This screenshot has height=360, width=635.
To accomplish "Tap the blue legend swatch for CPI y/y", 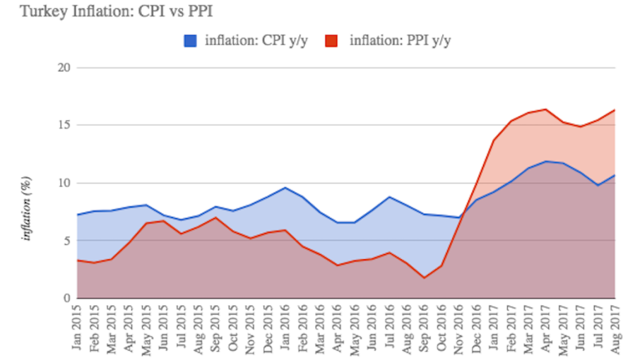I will (191, 41).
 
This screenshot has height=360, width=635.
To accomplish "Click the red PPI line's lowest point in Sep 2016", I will (425, 277).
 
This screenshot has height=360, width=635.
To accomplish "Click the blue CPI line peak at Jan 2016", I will (285, 188).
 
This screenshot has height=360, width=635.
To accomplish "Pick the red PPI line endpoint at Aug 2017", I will (615, 110).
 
